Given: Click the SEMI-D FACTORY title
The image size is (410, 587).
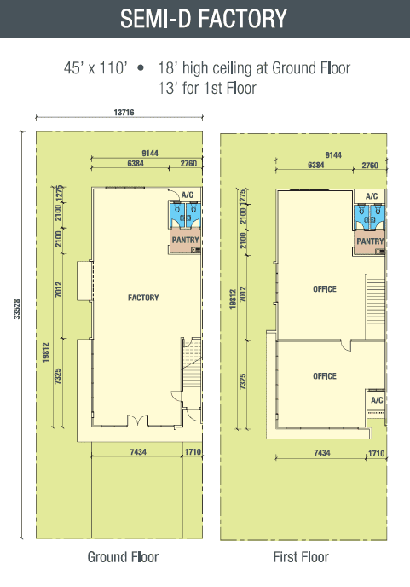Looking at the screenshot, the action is point(204,19).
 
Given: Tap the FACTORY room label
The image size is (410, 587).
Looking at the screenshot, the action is point(143,298).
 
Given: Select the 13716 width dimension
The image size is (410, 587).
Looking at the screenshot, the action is point(124,112).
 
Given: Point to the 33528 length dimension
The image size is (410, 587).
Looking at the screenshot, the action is point(17,309).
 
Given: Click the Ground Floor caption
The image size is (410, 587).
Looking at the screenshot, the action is point(123,557).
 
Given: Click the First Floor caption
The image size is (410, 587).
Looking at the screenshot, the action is point(301,557).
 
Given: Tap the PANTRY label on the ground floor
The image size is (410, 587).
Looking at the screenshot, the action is point(185,240).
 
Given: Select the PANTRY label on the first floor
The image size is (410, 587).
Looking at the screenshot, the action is point(370,241).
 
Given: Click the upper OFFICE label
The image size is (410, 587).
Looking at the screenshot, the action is point(325,289).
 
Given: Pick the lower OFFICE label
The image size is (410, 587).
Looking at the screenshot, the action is point(325,376).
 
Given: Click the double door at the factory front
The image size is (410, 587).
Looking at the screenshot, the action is point(138,421).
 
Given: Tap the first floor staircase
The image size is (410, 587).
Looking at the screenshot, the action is point(375,307).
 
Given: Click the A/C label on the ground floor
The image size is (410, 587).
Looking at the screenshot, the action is point(188,195).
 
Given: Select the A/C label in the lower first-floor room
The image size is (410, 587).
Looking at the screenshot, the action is point(377,400).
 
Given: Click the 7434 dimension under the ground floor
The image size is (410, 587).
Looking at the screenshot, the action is point(138,452).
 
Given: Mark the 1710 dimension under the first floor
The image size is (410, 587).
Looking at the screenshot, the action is point(377,453).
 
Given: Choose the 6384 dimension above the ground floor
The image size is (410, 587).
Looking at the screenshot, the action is point(136,163).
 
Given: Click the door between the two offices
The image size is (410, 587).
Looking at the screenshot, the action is point(346,346).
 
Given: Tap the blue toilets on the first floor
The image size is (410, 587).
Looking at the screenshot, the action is point(370,217).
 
